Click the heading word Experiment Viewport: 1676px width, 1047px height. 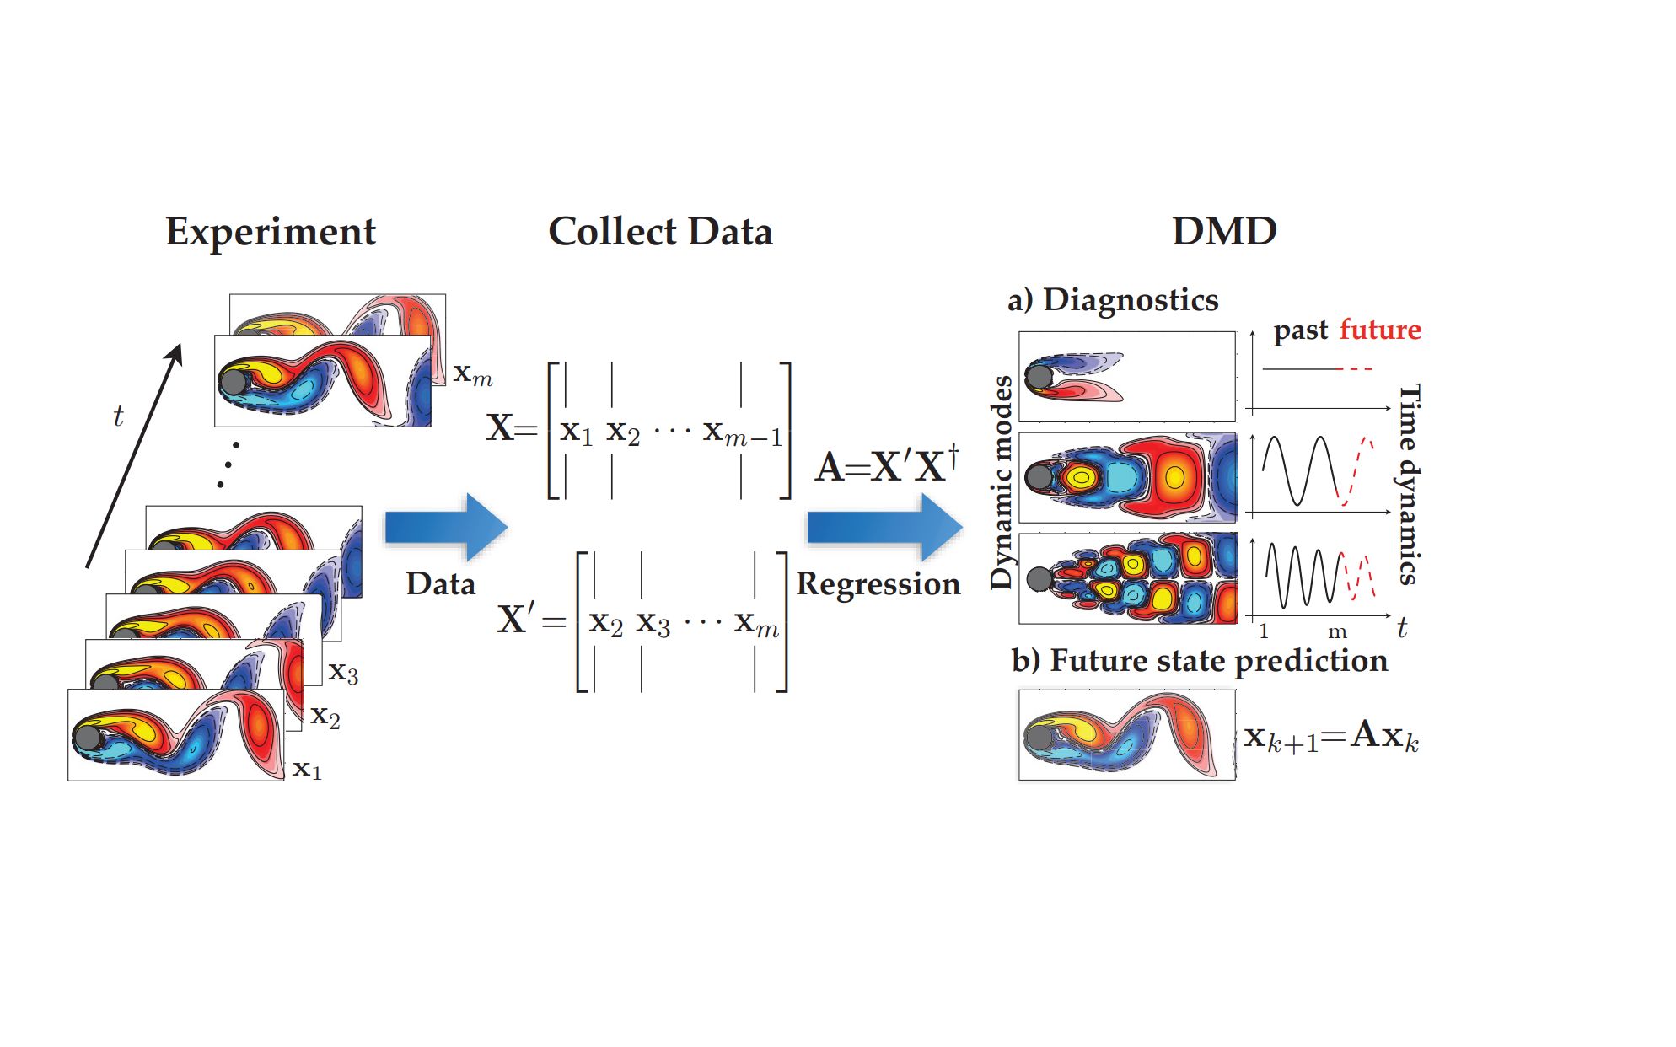click(271, 232)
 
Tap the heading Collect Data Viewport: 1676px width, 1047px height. click(660, 232)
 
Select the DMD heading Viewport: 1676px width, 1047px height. click(1224, 232)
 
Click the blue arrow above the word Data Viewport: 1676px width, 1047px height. click(445, 527)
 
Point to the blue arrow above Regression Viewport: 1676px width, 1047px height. click(884, 528)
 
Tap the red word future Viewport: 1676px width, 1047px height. click(1380, 330)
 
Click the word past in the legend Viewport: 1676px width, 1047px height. click(1300, 330)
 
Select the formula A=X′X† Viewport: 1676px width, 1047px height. click(887, 465)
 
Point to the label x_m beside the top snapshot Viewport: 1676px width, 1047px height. click(472, 373)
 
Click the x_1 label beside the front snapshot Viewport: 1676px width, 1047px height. click(307, 770)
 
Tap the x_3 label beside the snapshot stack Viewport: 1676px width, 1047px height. click(343, 673)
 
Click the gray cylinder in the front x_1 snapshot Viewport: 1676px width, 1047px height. click(88, 738)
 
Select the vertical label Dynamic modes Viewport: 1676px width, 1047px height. click(1001, 482)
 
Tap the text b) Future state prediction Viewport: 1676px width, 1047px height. click(1199, 661)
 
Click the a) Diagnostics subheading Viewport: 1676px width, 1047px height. click(1113, 300)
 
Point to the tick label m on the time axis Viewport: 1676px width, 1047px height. click(1337, 632)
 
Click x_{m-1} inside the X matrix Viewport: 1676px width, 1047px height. click(742, 432)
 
